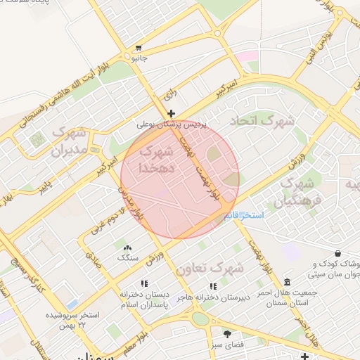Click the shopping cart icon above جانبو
[139, 49]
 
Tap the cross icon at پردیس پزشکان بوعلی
[171, 113]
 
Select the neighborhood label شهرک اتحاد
[268, 121]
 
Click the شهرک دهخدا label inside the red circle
[156, 159]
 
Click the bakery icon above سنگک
[127, 248]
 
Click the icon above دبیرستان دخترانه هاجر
[213, 286]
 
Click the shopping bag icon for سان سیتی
[338, 253]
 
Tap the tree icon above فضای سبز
[226, 333]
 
